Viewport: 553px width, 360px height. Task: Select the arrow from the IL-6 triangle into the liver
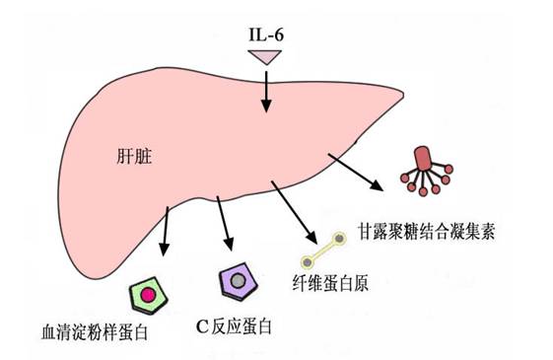click(266, 93)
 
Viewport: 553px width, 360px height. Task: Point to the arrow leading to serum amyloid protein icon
click(167, 232)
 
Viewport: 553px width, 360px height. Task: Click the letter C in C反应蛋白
click(203, 324)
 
